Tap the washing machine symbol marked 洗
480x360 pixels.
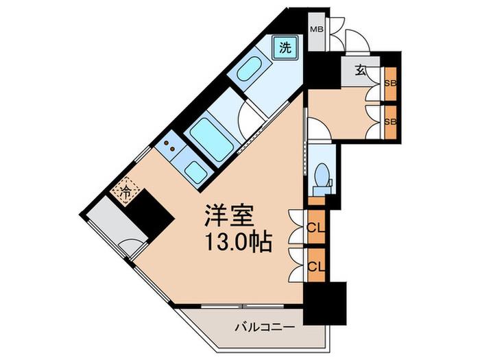[285, 48]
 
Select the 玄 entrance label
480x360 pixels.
[361, 71]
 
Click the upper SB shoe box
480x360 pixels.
[391, 84]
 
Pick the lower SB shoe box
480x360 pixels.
[391, 122]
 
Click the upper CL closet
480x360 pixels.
[316, 227]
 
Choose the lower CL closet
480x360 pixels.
[316, 265]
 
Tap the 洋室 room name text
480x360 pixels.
[229, 215]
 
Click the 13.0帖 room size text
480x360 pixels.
[239, 241]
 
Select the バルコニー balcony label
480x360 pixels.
[265, 327]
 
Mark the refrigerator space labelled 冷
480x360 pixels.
[125, 191]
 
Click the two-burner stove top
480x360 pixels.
[169, 145]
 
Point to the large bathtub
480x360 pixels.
[211, 139]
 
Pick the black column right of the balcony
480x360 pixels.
[325, 303]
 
